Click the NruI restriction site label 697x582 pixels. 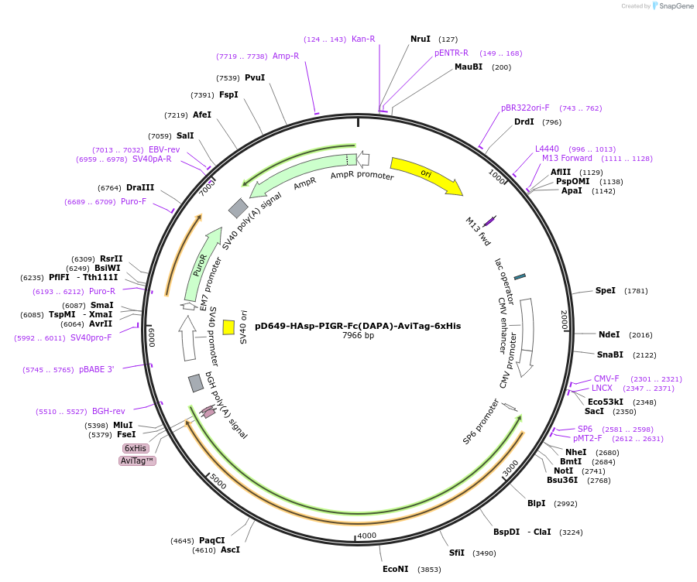coord(421,39)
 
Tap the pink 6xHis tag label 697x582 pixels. coord(135,448)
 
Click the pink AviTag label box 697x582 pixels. coord(137,460)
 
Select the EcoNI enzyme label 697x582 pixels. coord(395,569)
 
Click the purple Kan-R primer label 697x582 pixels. coord(363,39)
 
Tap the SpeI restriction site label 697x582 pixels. coord(606,291)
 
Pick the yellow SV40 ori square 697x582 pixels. coord(228,327)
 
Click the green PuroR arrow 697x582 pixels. coord(201,263)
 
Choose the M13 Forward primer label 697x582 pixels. coord(567,158)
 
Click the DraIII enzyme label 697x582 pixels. coord(140,187)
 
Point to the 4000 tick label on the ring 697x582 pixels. coord(366,536)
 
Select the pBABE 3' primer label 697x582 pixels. coord(97,370)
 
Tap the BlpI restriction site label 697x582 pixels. coord(537,503)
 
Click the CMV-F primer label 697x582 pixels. coord(606,378)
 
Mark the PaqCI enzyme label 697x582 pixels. coord(211,540)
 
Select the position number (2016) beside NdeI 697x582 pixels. coord(641,335)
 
